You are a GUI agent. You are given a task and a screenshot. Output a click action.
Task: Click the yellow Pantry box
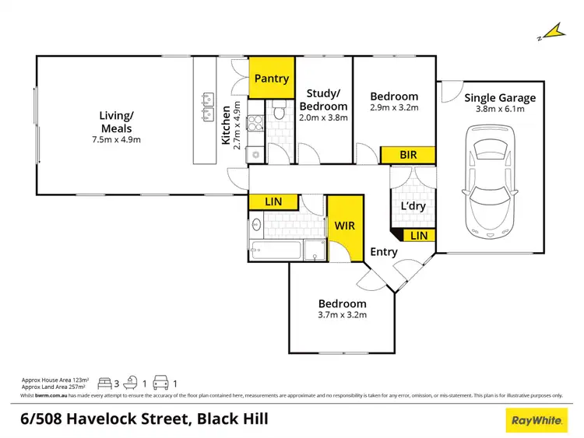271,78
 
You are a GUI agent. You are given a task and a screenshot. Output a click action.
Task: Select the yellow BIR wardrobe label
408,155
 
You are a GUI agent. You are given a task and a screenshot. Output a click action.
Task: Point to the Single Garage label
500,97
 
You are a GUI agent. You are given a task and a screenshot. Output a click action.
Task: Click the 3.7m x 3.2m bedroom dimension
342,315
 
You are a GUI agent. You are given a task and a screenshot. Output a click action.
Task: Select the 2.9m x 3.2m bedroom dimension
393,108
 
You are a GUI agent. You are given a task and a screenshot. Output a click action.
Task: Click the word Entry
384,252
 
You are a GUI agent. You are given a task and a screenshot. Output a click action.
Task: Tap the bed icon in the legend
104,384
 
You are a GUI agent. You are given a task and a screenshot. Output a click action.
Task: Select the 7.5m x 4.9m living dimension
114,140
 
